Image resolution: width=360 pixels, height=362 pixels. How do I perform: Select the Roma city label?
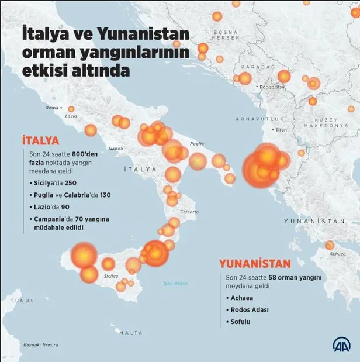pyautogui.click(x=52, y=108)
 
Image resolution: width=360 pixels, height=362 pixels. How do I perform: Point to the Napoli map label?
pyautogui.click(x=116, y=148)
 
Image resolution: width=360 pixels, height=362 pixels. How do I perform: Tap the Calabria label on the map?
pyautogui.click(x=189, y=212)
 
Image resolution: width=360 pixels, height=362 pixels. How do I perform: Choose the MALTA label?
pyautogui.click(x=130, y=333)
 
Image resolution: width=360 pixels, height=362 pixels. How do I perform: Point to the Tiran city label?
pyautogui.click(x=282, y=129)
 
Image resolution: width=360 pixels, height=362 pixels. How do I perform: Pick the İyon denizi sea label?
pyautogui.click(x=175, y=284)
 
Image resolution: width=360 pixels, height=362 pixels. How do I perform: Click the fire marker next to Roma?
pyautogui.click(x=71, y=109)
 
